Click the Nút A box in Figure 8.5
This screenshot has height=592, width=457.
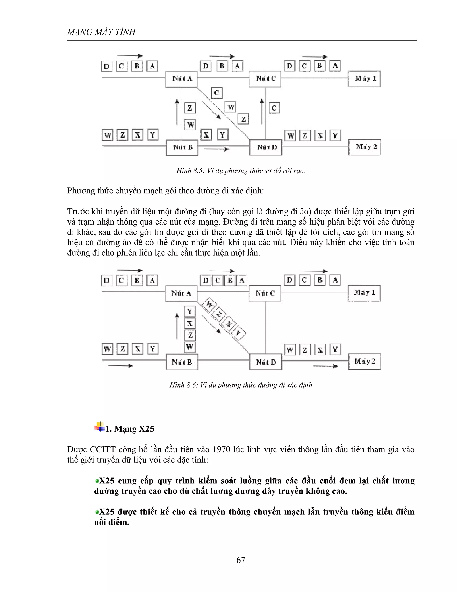181,79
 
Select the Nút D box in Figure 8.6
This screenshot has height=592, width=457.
266,362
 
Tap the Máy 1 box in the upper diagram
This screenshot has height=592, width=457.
364,79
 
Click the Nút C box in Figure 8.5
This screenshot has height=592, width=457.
265,79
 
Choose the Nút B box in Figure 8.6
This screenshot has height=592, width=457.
182,362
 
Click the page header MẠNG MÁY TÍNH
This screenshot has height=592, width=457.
101,32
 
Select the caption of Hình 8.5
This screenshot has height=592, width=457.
240,171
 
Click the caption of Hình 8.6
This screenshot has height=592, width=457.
240,385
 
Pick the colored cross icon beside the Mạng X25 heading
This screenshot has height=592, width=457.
100,427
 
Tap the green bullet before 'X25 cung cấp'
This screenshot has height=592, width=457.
97,481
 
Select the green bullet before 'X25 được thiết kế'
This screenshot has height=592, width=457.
97,512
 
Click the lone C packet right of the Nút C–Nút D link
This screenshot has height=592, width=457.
274,108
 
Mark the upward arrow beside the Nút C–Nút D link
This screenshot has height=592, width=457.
262,111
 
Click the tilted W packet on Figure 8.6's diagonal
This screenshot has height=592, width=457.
210,304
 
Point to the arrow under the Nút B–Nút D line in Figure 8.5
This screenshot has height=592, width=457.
217,149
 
